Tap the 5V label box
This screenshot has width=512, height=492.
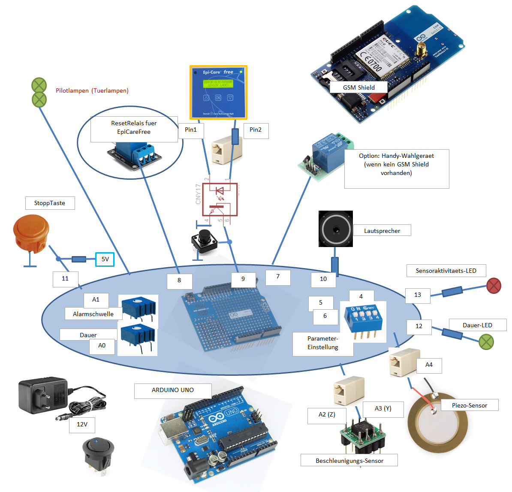(105, 259)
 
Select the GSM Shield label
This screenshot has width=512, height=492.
(358, 88)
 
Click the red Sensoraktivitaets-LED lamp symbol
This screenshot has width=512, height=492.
(494, 285)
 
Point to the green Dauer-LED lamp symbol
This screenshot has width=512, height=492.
(486, 342)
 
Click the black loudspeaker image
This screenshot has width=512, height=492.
(336, 229)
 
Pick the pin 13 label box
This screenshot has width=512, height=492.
(418, 295)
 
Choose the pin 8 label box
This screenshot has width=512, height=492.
(179, 281)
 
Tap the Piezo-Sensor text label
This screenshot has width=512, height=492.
(469, 405)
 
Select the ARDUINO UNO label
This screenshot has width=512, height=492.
(173, 390)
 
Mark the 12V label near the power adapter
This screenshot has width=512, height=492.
(82, 424)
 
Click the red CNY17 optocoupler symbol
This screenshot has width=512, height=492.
(220, 199)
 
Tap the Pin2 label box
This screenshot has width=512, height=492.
(256, 130)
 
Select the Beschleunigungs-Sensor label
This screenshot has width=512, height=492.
(349, 461)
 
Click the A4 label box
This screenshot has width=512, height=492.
(429, 365)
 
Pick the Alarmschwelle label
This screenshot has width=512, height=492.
(93, 314)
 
